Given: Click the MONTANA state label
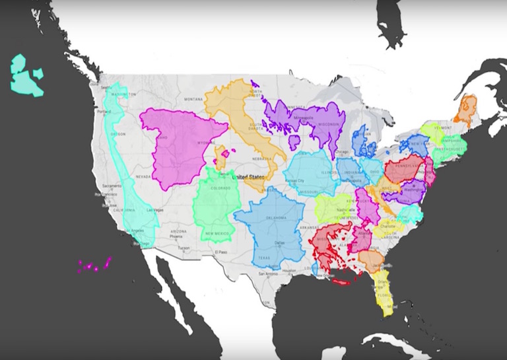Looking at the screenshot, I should pos(193,99).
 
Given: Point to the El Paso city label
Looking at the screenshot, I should pos(219,252).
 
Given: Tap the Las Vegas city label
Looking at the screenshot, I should pos(155,209).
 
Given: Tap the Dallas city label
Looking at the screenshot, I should pos(280,242).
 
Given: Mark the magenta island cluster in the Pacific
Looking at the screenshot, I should pos(94,266).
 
